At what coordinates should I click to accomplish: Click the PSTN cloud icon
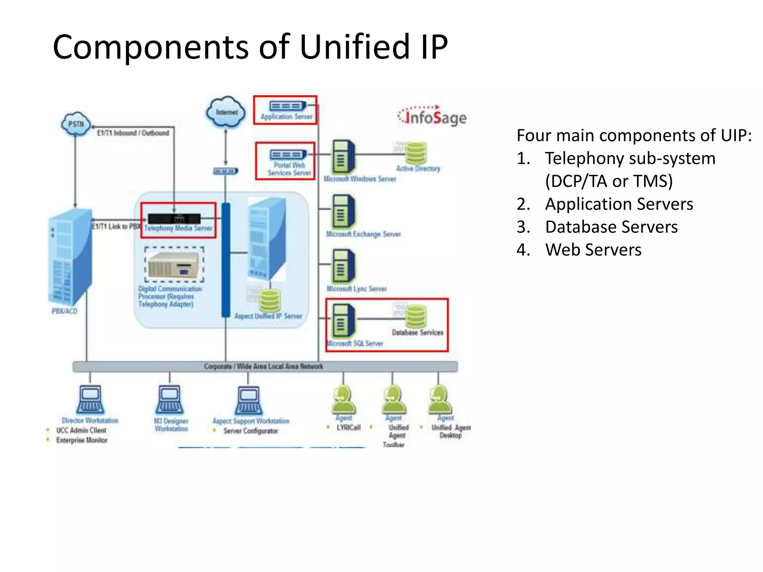click(x=76, y=124)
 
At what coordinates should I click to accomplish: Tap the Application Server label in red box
click(x=286, y=117)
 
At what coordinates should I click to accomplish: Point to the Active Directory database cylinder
click(x=416, y=153)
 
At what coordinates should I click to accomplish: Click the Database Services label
click(x=417, y=332)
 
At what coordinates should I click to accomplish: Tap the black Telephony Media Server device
click(x=174, y=219)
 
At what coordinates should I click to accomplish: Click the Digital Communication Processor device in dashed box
click(x=174, y=265)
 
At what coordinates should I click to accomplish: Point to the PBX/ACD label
click(x=64, y=311)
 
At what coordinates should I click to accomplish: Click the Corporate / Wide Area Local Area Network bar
click(x=265, y=366)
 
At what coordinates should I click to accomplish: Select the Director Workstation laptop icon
click(x=90, y=400)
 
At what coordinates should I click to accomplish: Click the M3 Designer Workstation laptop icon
click(x=170, y=400)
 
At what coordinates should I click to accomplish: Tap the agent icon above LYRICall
click(x=343, y=400)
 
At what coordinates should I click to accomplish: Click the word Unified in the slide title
click(x=354, y=47)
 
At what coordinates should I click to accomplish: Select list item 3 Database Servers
click(x=611, y=227)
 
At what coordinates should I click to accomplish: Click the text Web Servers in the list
click(x=593, y=250)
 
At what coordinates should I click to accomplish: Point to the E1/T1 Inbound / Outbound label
click(x=133, y=133)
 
